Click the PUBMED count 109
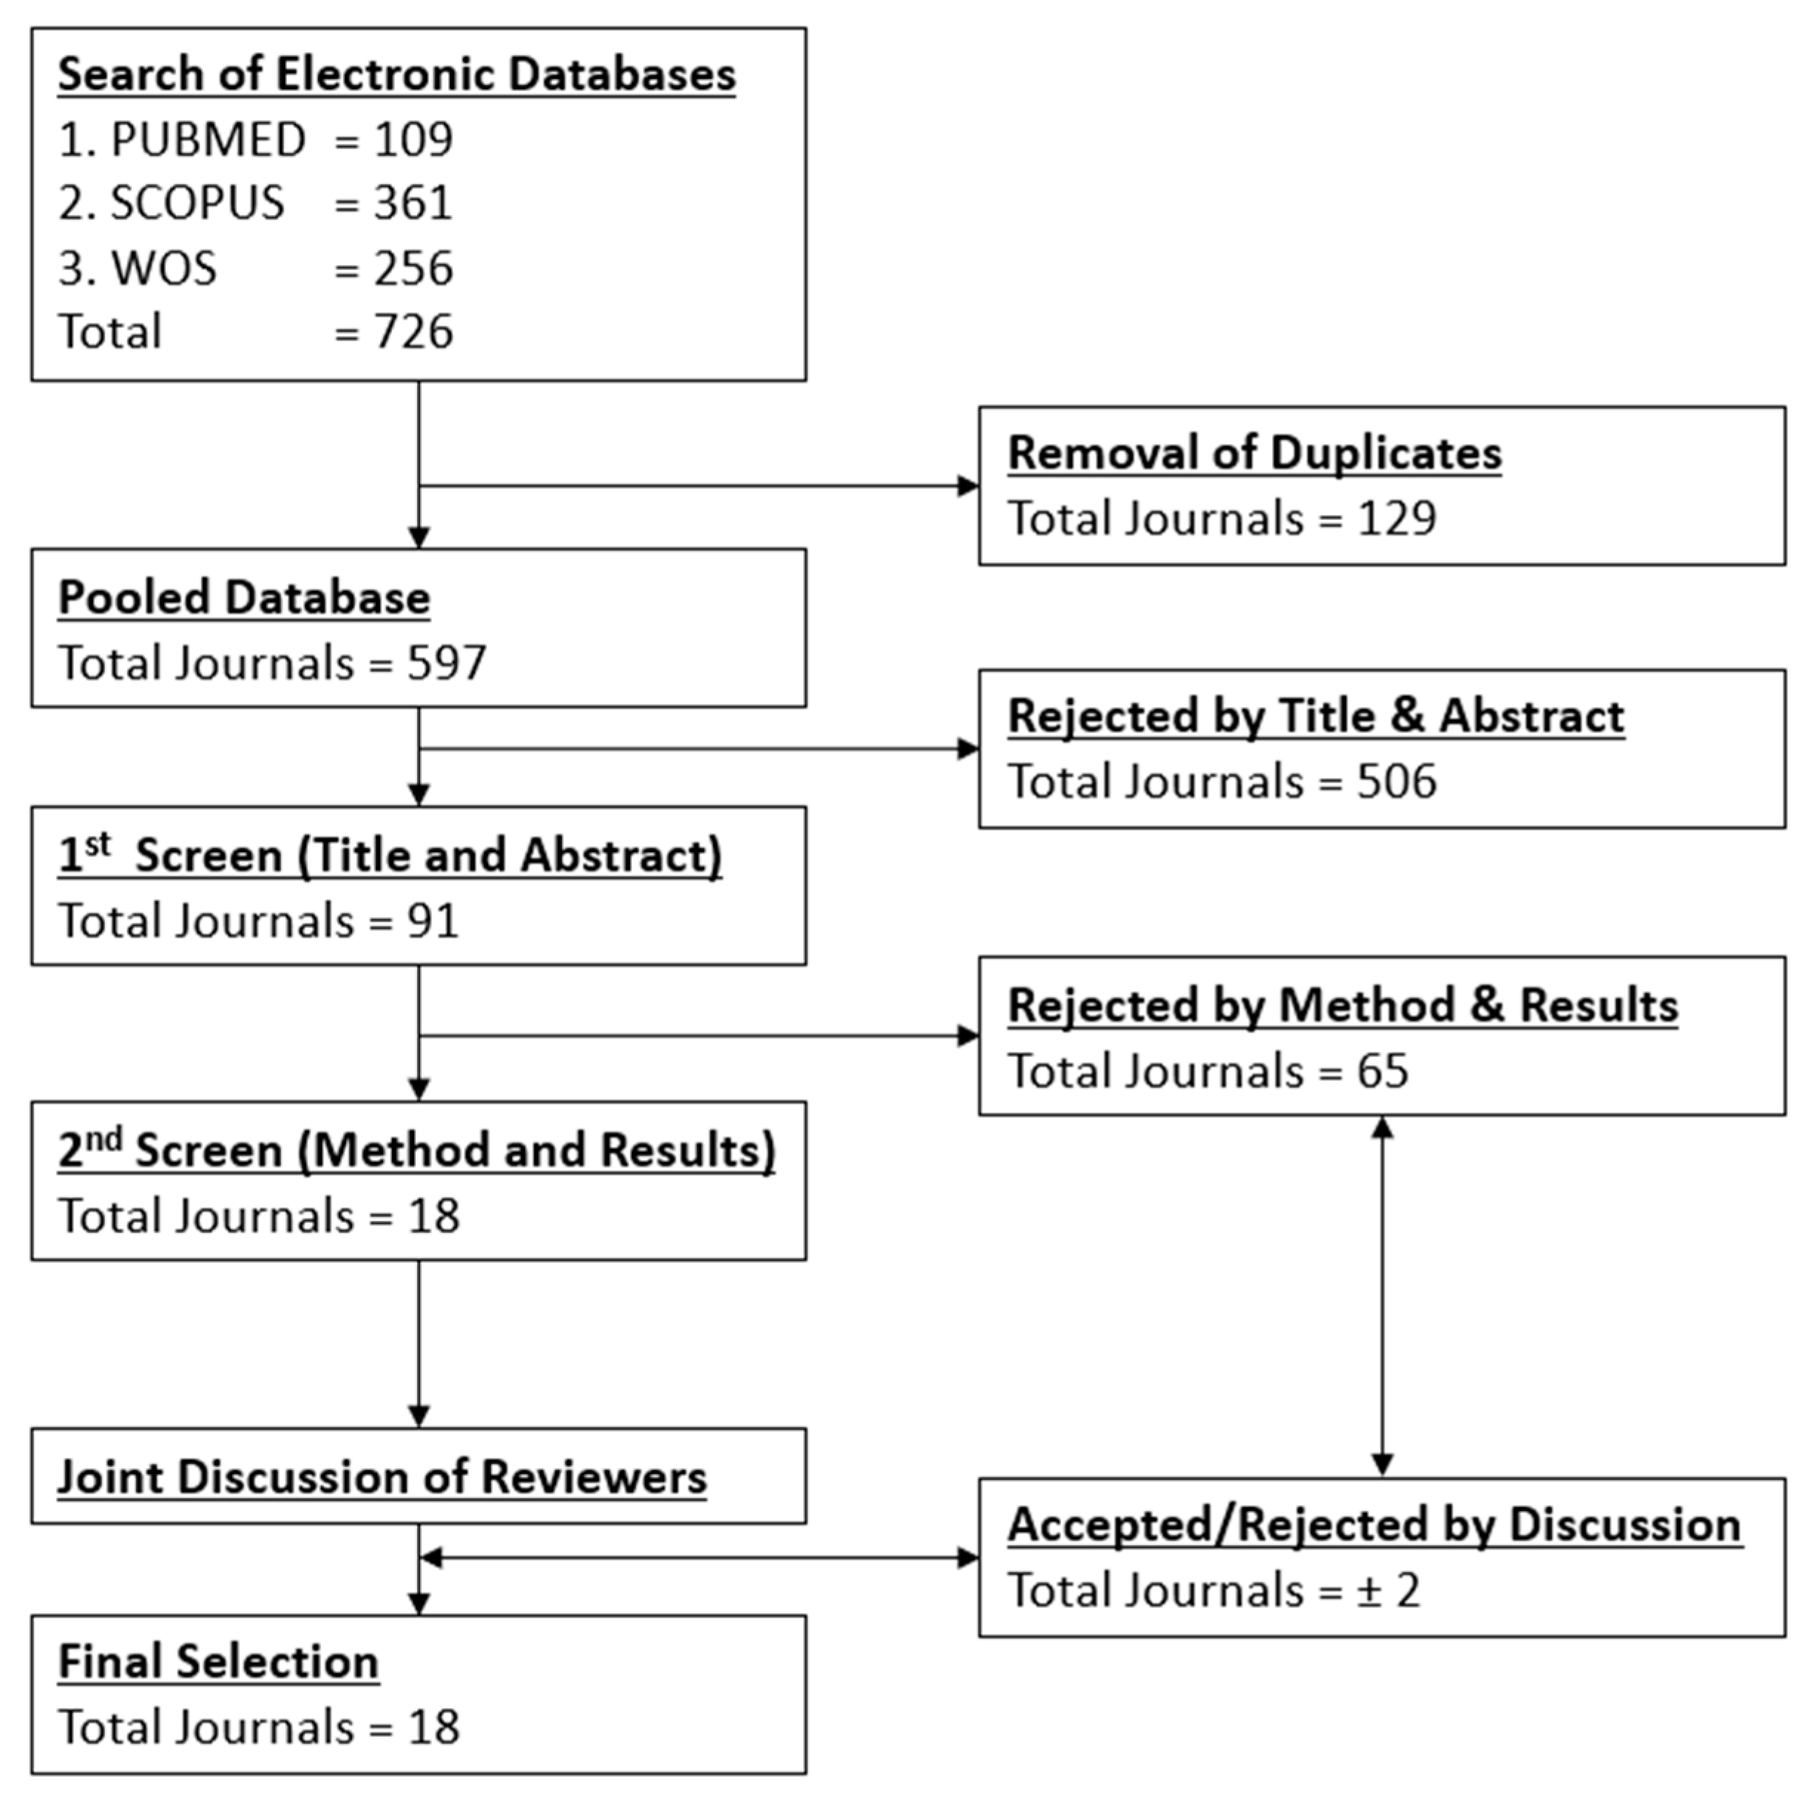click(x=413, y=140)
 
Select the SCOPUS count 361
click(x=413, y=203)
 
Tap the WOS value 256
click(x=413, y=269)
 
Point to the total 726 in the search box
click(x=413, y=332)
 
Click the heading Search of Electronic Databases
click(x=396, y=74)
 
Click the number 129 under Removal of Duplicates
click(x=1396, y=519)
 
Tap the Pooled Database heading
click(x=244, y=598)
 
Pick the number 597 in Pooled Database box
click(x=447, y=663)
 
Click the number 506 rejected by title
click(x=1396, y=781)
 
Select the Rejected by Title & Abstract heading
click(x=1316, y=717)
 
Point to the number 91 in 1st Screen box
click(x=433, y=921)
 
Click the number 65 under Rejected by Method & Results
click(x=1382, y=1071)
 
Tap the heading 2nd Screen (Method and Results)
click(x=416, y=1151)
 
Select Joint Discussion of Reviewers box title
click(x=382, y=1477)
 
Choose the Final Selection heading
click(x=218, y=1662)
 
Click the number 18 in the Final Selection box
click(x=433, y=1727)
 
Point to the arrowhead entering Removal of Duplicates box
click(x=968, y=486)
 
